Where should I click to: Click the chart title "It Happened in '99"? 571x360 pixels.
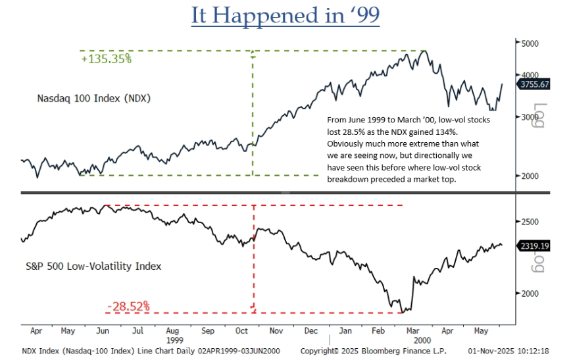coord(285,16)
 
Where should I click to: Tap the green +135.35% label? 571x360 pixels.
coord(107,59)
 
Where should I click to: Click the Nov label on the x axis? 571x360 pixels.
coord(276,332)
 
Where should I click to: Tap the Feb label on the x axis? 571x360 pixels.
coord(381,332)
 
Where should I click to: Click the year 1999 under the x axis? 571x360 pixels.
coord(175,341)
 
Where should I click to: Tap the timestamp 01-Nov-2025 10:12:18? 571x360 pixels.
coord(506,351)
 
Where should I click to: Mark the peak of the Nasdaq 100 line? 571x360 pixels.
coord(426,51)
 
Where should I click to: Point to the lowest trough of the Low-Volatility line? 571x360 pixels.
coord(401,311)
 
